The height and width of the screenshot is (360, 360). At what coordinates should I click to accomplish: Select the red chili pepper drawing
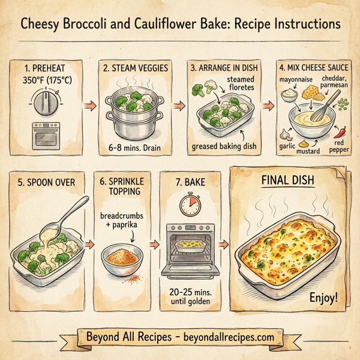click(340, 131)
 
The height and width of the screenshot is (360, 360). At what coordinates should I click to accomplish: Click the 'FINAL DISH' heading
click(289, 178)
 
